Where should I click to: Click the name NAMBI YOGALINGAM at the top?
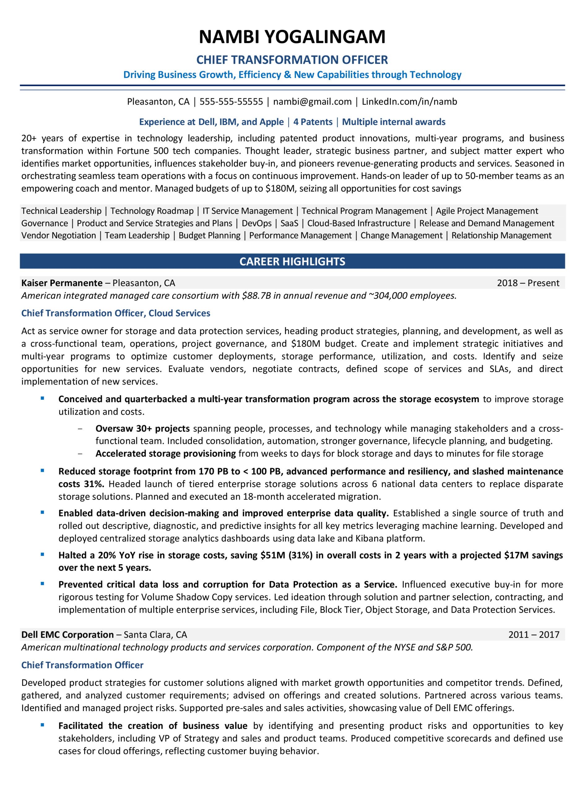(292, 37)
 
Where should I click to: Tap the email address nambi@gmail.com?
(312, 102)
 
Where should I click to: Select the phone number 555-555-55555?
(231, 102)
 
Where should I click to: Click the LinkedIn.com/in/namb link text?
(409, 102)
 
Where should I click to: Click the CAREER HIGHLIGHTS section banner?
(292, 261)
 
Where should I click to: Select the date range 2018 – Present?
(528, 283)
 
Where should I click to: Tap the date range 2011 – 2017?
(533, 635)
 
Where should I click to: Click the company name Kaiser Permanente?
(62, 283)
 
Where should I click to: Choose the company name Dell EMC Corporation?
(67, 635)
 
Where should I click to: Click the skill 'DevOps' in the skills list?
(256, 223)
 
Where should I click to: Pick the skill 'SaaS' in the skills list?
(289, 223)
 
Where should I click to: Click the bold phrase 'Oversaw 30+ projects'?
(142, 428)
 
